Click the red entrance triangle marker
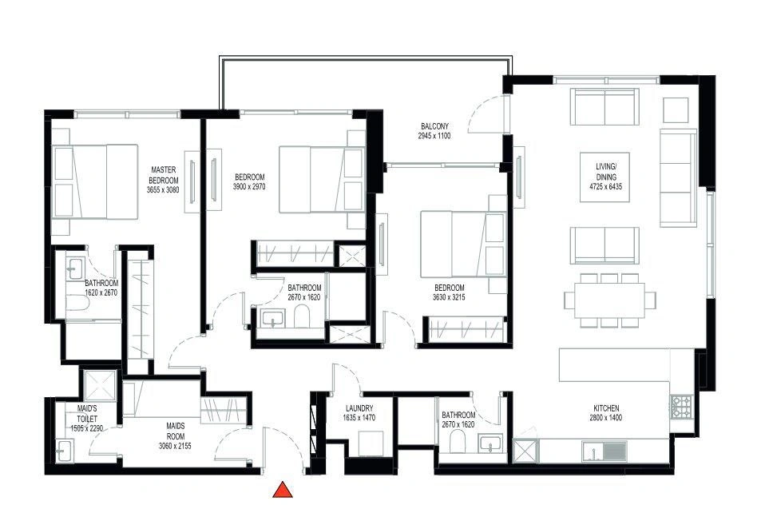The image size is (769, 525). click(x=283, y=491)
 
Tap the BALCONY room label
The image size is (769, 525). click(x=434, y=126)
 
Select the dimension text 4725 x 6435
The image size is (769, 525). click(x=605, y=186)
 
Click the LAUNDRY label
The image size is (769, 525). click(x=359, y=408)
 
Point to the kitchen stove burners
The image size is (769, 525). click(x=680, y=407)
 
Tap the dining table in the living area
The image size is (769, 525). click(x=609, y=300)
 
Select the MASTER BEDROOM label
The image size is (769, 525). click(x=164, y=175)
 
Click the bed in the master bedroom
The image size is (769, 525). click(x=95, y=181)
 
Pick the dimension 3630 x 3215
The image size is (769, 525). click(x=449, y=297)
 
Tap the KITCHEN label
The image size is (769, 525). click(x=606, y=408)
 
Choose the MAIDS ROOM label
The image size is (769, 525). click(x=175, y=432)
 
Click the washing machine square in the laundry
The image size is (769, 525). click(x=371, y=443)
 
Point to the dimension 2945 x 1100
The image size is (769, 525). click(x=434, y=136)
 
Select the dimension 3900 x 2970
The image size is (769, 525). click(x=249, y=186)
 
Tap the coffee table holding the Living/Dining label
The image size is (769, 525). click(x=604, y=177)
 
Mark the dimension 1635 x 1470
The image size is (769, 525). click(x=359, y=418)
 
